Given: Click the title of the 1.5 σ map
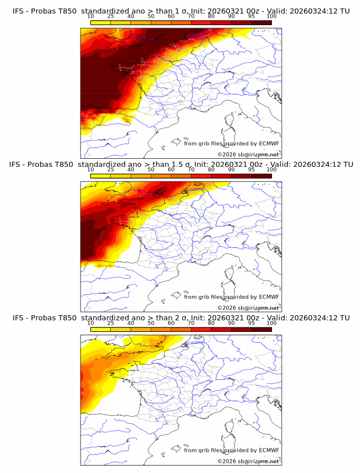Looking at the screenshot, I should click(181, 164).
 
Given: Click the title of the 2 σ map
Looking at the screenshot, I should click(181, 318).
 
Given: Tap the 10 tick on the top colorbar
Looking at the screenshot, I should click(91, 16).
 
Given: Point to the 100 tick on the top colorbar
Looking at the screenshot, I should click(271, 16).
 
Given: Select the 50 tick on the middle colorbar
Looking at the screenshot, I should click(151, 170).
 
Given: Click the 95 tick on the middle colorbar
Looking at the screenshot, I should click(251, 170).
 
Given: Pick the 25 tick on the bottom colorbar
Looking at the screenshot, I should click(111, 323).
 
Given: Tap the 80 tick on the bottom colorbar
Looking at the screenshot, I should click(211, 323).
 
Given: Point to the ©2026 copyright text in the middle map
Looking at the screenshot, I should click(248, 307).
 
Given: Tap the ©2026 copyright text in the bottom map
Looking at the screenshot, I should click(248, 461).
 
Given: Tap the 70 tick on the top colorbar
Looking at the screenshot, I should click(191, 16).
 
